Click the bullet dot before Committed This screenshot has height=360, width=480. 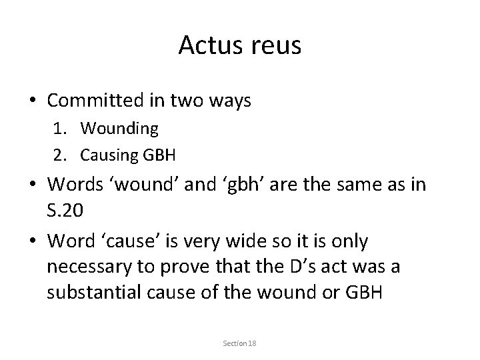click(x=33, y=102)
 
